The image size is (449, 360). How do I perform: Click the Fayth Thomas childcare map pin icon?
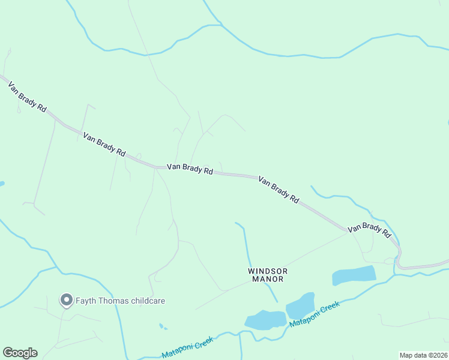tap(65, 300)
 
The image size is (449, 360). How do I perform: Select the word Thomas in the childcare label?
tap(114, 301)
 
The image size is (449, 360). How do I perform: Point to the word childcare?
tap(149, 301)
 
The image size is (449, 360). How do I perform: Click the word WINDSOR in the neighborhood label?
tap(268, 271)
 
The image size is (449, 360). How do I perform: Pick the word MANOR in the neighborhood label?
tap(268, 279)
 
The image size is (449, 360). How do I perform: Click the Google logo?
tap(20, 353)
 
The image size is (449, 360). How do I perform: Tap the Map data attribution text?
tap(414, 355)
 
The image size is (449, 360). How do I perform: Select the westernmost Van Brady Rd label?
tap(27, 98)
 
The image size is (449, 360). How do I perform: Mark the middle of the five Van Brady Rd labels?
tap(190, 169)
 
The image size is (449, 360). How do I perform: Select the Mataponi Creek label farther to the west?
tap(187, 347)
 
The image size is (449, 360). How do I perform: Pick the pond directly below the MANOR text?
tap(265, 320)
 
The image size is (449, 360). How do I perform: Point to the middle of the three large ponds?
tap(300, 307)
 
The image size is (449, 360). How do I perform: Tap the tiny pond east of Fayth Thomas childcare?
tap(162, 326)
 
